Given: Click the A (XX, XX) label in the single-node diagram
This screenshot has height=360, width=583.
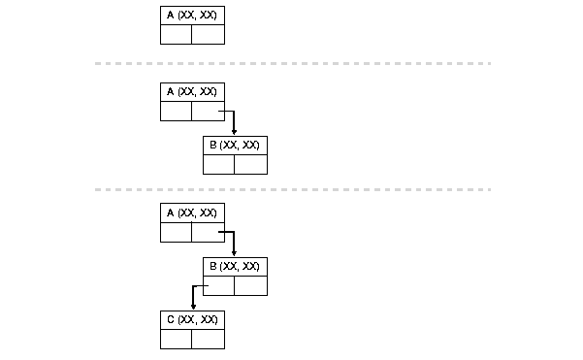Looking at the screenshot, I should click(192, 16).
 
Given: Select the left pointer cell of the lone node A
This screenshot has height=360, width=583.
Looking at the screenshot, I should click(176, 35).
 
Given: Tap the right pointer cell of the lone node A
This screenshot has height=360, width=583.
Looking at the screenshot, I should click(208, 35).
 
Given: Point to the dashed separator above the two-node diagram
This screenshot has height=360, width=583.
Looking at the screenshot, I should click(291, 63).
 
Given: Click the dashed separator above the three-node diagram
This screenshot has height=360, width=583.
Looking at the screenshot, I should click(291, 189).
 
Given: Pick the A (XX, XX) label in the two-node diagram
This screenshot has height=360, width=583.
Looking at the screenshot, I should click(192, 91).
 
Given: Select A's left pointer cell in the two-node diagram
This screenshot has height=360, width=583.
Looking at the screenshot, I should click(176, 112).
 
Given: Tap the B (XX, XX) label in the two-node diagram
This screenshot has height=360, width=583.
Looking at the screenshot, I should click(235, 145).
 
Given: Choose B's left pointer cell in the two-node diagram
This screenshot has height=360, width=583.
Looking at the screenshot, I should click(218, 165).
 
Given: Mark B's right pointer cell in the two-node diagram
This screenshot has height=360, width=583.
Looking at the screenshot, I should click(250, 165).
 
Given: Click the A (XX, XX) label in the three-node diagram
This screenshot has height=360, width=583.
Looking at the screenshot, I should click(192, 213).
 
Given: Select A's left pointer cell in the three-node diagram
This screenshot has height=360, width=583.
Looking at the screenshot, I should click(176, 233).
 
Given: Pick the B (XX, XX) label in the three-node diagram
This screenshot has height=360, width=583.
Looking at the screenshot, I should click(235, 266).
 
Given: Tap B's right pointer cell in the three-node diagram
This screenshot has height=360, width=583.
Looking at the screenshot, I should click(250, 286).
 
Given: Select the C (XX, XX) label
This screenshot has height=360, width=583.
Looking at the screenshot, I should click(192, 319).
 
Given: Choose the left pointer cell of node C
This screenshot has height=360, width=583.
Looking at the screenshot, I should click(176, 340).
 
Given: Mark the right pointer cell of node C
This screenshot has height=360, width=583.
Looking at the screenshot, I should click(208, 340).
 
